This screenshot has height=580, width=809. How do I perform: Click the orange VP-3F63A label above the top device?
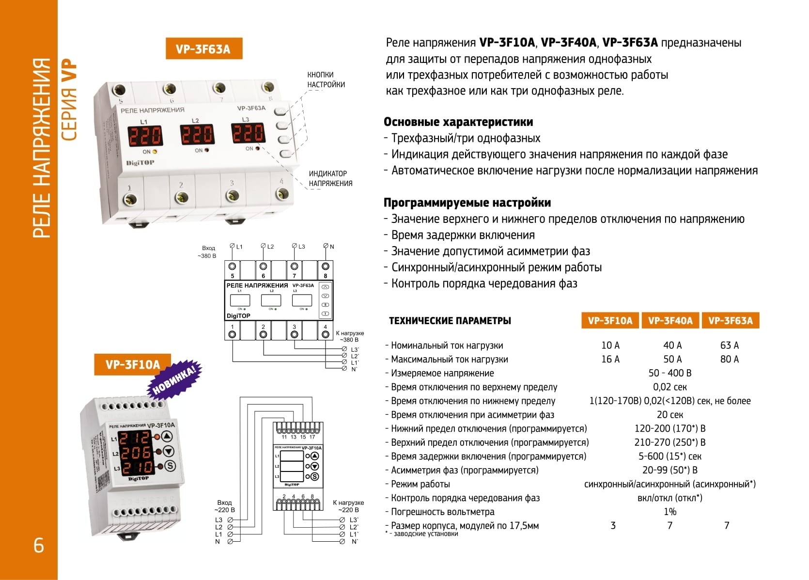(x=203, y=49)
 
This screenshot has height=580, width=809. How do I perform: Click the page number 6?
(x=39, y=546)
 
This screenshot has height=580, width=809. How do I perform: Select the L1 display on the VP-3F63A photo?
(x=145, y=135)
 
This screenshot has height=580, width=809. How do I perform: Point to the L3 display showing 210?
(x=137, y=468)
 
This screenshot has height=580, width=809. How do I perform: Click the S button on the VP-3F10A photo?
(x=170, y=466)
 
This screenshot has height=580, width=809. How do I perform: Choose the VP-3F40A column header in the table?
(x=670, y=321)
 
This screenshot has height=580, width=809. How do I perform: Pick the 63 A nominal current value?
(x=729, y=345)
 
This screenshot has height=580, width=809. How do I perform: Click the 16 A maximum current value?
(x=610, y=360)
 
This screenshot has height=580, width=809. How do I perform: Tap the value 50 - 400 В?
(x=669, y=373)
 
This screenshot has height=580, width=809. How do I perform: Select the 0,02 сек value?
(x=669, y=387)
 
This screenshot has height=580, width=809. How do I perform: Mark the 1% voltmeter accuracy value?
(x=669, y=512)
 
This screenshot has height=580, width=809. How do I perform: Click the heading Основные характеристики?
(x=458, y=122)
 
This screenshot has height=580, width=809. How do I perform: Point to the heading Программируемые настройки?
(x=467, y=203)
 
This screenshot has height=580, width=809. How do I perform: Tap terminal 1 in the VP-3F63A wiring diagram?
(x=233, y=334)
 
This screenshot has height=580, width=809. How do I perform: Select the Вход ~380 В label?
(x=207, y=252)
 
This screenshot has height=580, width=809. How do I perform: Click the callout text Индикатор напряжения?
(x=330, y=178)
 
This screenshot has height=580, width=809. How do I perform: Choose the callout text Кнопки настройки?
(x=326, y=79)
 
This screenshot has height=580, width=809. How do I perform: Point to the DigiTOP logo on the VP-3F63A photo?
(x=140, y=163)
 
